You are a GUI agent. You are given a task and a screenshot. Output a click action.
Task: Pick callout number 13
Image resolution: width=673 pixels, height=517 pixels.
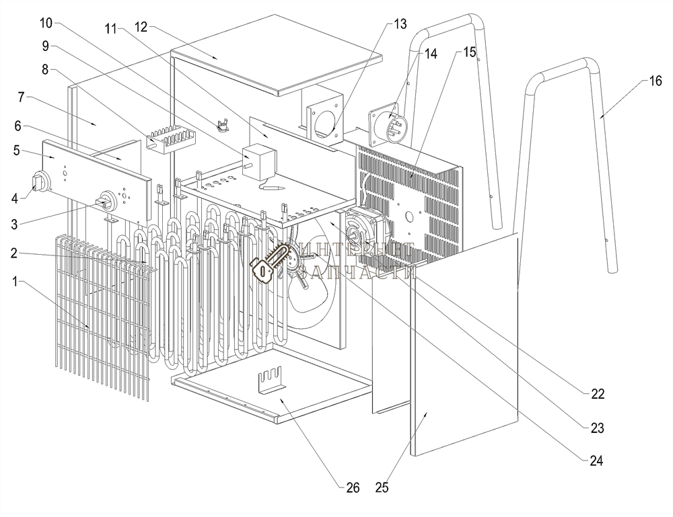[400, 24]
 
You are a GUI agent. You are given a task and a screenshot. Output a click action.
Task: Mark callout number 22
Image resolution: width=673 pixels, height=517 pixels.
[597, 394]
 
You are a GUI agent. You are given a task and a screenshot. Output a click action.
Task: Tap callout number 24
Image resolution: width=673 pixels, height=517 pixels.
[596, 461]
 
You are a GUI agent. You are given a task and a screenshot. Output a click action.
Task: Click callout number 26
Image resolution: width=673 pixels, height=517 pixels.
[353, 487]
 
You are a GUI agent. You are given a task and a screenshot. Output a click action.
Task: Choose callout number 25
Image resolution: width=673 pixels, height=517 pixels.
[382, 487]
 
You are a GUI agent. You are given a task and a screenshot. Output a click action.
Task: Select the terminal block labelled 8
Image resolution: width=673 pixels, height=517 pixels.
[172, 141]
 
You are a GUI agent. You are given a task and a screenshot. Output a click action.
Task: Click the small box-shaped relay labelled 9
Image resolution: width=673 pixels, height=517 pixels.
[255, 159]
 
